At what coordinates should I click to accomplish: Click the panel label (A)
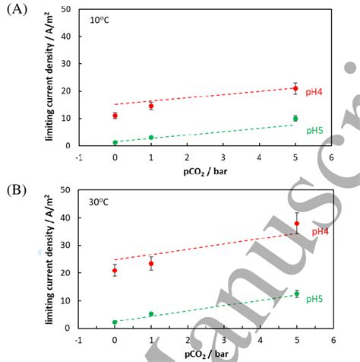(x=16, y=11)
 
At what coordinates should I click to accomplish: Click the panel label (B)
(x=16, y=187)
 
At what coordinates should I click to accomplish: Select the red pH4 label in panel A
(x=313, y=91)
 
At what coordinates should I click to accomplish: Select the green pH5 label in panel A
(x=313, y=130)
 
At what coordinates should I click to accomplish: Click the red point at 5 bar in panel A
(x=295, y=89)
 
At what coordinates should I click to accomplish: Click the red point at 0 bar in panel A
(x=115, y=116)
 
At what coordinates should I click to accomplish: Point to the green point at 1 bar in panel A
(x=151, y=138)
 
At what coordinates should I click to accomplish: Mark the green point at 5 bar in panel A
(x=295, y=119)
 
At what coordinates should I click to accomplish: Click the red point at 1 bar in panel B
(x=151, y=264)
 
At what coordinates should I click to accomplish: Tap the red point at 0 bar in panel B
(x=115, y=271)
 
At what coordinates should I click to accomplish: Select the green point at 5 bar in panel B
(x=295, y=294)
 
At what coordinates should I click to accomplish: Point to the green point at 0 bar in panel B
(x=115, y=322)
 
